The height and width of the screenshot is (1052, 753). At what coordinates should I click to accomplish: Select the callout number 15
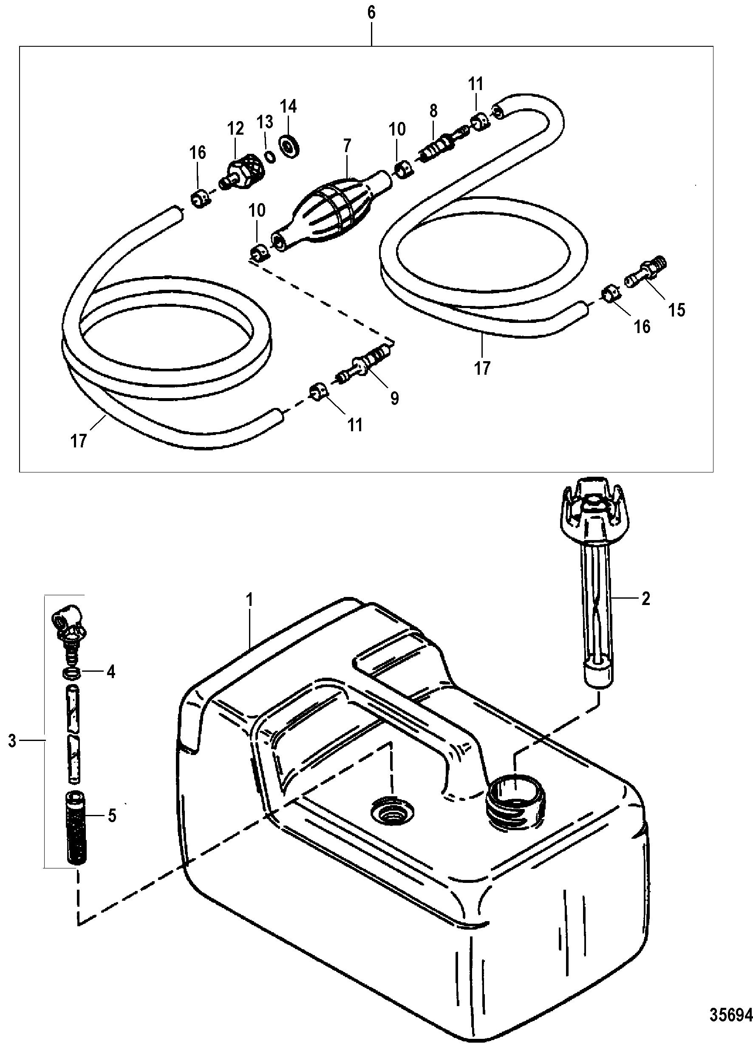(x=677, y=310)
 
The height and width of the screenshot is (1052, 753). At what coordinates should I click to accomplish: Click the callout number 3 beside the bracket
(x=12, y=741)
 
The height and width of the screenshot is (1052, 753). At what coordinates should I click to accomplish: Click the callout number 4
(x=111, y=672)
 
